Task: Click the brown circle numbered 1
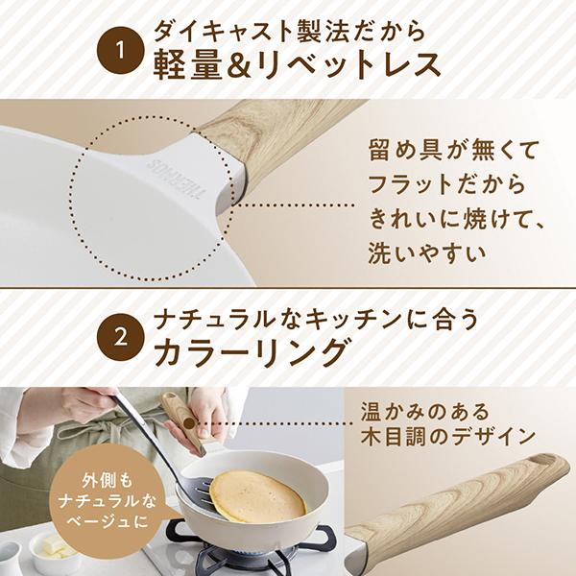coord(120,50)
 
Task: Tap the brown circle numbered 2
coord(120,338)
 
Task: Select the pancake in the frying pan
coord(257,496)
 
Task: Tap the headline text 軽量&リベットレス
coord(297,66)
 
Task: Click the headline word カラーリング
coord(251,352)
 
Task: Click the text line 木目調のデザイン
coord(447,437)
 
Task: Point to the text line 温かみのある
coord(424,411)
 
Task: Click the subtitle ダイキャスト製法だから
coord(289,31)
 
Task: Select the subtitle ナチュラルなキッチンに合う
coord(316,319)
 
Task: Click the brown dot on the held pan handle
coord(189,423)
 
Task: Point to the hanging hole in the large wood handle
coord(541,460)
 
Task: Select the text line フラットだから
coord(446,184)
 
